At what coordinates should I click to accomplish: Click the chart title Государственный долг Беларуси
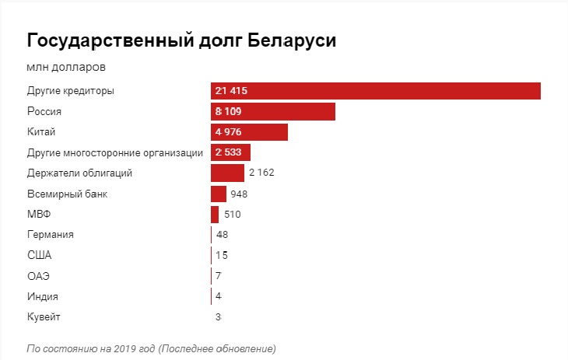[181, 40]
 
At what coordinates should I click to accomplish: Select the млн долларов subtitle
[66, 68]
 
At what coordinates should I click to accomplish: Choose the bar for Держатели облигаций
[227, 173]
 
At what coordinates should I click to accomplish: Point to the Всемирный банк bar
[218, 194]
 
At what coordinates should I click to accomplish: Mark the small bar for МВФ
[215, 214]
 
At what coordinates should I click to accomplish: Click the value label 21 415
[231, 91]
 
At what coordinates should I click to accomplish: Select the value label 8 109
[228, 111]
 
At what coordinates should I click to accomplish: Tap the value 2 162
[261, 173]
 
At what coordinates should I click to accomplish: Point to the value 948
[239, 194]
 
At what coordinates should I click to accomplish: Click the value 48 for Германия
[222, 235]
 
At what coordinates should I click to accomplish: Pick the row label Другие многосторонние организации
[115, 152]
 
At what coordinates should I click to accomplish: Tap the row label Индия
[42, 296]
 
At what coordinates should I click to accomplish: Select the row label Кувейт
[44, 316]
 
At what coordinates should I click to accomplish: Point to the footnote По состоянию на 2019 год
[151, 348]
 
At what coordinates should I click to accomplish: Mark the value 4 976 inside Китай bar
[228, 132]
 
